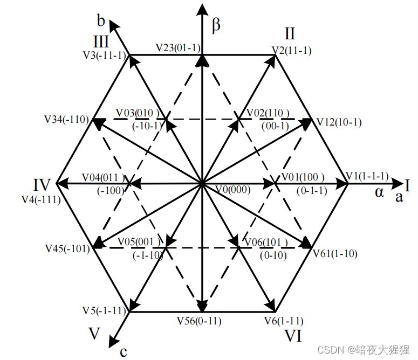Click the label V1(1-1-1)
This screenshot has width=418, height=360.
click(367, 176)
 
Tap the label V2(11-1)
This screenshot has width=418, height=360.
click(292, 50)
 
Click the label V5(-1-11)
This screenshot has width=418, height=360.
click(104, 310)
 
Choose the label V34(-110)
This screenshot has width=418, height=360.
click(67, 119)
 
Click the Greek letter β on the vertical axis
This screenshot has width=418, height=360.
click(216, 26)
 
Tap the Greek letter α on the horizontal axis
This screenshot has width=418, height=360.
click(379, 192)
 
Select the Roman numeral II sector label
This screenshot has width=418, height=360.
click(290, 34)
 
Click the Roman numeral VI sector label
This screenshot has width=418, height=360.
click(293, 336)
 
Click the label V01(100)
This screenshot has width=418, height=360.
click(303, 177)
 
